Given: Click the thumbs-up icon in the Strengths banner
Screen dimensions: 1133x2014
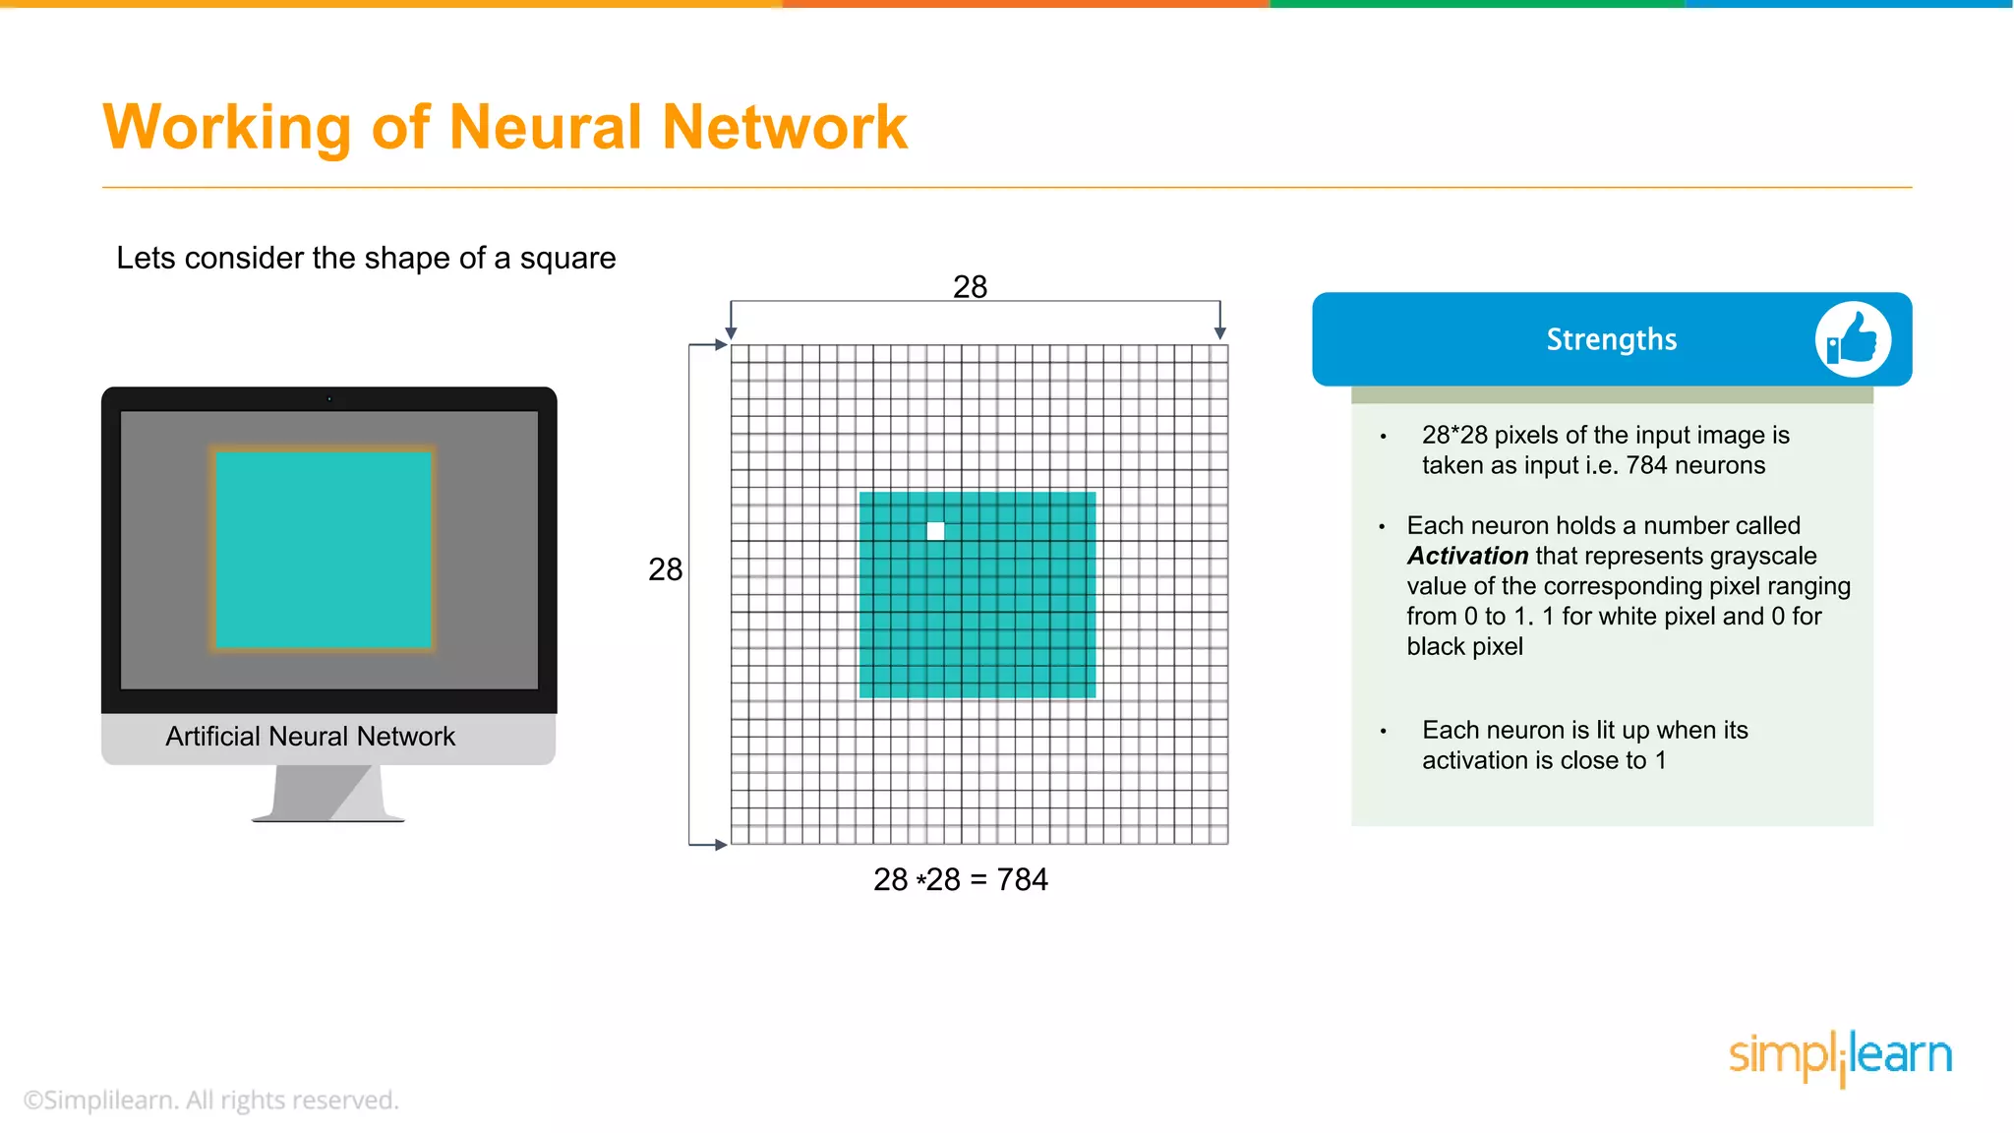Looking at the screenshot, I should tap(1853, 339).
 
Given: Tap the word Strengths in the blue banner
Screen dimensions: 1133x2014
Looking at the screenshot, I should tap(1611, 339).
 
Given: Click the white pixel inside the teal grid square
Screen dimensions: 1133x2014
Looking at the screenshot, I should tap(935, 531).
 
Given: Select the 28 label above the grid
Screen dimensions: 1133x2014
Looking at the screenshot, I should tap(970, 286).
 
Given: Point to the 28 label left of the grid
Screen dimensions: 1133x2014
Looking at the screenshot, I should tap(665, 569).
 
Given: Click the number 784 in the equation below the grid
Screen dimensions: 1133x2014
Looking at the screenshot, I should tap(1022, 879).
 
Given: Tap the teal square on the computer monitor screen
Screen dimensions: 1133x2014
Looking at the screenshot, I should tap(323, 549).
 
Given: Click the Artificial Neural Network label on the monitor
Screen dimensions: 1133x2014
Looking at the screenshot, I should tap(310, 737).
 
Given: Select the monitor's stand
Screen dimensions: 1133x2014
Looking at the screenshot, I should tap(327, 793).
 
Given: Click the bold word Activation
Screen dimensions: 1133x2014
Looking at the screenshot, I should tap(1467, 556).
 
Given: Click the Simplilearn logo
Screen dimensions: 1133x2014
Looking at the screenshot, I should tap(1840, 1056).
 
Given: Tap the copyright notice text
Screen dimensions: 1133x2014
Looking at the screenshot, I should tap(211, 1100).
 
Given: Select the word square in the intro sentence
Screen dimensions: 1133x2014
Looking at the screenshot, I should tap(567, 258).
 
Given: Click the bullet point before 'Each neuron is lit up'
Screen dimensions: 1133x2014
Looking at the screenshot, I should tap(1383, 731).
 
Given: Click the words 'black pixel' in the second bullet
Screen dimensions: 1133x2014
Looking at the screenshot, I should tap(1464, 646).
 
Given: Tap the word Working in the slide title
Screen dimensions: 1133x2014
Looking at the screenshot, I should tap(227, 127).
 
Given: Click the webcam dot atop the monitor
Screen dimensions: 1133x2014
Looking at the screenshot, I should tap(329, 399).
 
